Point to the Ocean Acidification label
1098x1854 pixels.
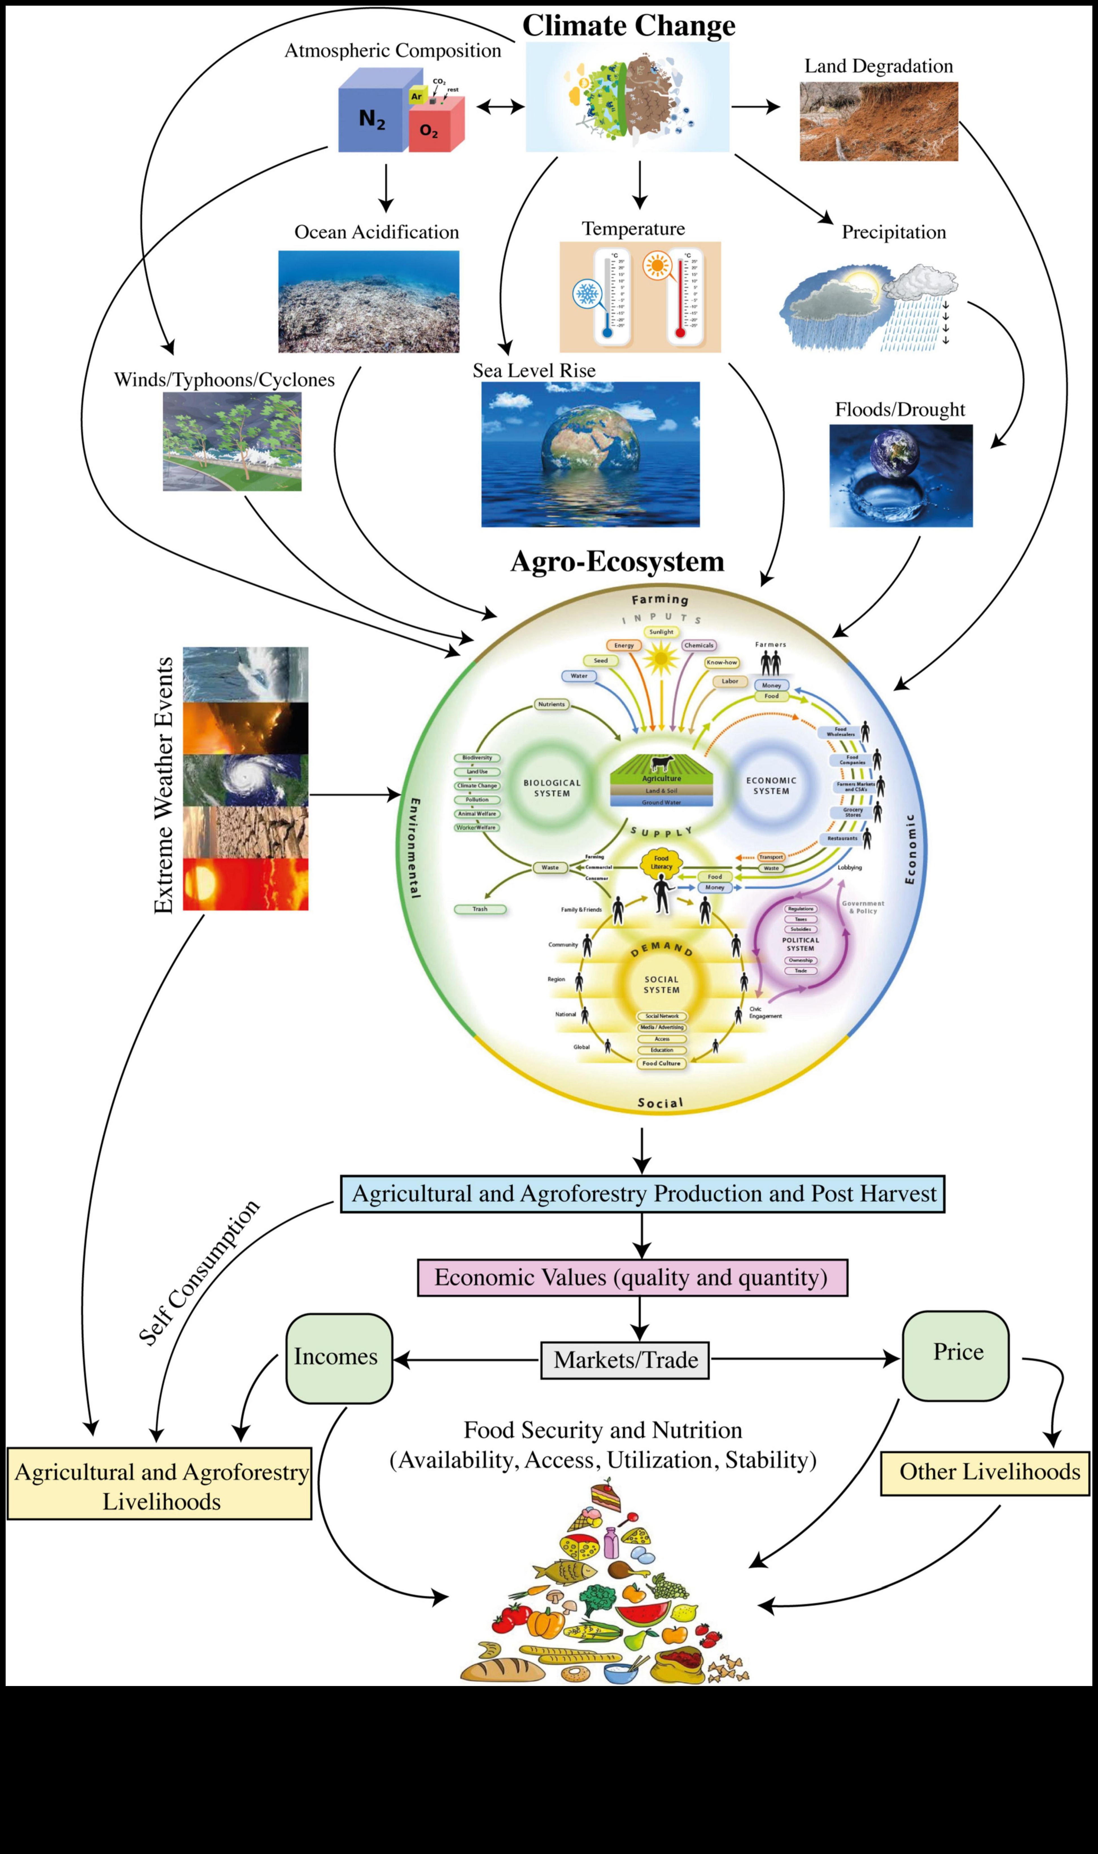[377, 232]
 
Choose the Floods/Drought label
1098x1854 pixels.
[900, 410]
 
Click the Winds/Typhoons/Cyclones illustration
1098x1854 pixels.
[232, 442]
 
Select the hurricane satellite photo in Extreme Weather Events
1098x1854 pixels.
[246, 780]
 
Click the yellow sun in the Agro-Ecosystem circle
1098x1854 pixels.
[661, 658]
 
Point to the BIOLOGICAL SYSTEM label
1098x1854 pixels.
[552, 788]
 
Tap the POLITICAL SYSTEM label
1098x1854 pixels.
[800, 944]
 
